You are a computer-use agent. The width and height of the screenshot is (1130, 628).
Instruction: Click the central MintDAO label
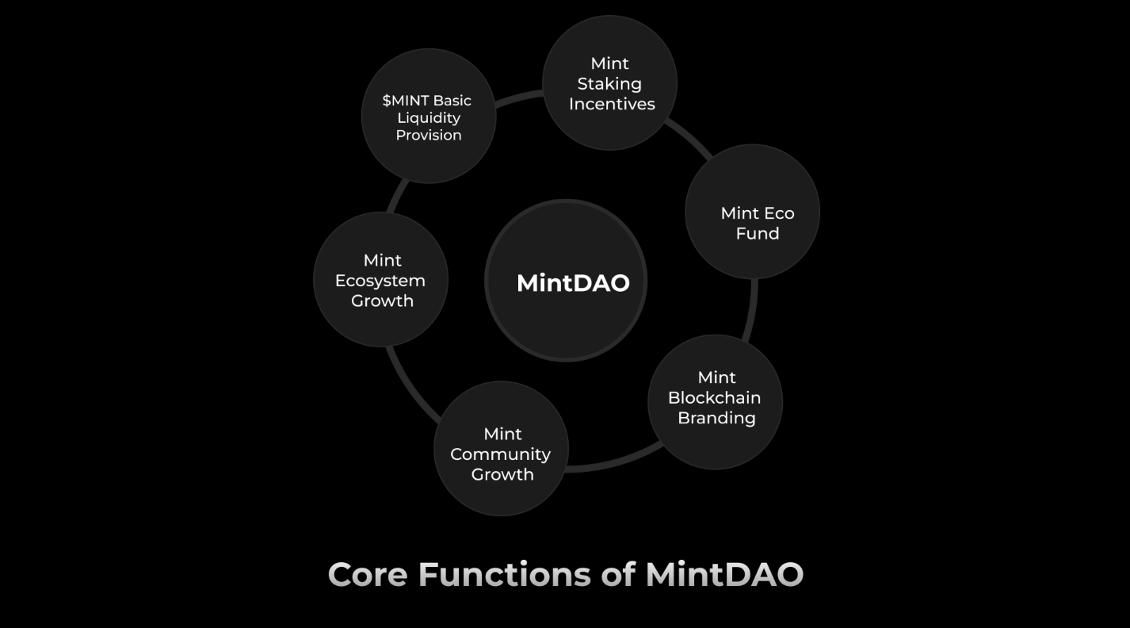tap(573, 283)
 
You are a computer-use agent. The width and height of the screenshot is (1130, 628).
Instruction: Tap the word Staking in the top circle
tap(609, 84)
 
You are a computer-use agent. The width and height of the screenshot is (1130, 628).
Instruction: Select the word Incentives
tap(612, 104)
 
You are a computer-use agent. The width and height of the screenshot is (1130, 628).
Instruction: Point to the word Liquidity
tap(429, 118)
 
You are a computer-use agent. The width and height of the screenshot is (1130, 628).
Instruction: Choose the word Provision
tap(429, 136)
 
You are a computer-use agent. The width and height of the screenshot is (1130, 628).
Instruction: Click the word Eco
tap(778, 213)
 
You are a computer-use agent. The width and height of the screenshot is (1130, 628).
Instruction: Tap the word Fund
tap(758, 234)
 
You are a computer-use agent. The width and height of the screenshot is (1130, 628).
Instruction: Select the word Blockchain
tap(714, 398)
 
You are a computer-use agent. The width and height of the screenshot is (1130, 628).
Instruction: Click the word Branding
tap(716, 419)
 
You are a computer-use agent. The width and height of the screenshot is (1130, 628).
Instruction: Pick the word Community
tap(501, 455)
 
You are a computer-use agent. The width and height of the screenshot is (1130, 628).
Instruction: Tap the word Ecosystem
tap(380, 281)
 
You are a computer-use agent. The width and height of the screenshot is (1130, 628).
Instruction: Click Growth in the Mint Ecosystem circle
tap(383, 301)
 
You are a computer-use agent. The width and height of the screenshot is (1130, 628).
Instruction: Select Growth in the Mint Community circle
tap(502, 474)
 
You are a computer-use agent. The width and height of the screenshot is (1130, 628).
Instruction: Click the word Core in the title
tap(368, 575)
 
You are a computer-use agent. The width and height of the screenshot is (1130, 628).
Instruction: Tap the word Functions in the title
tap(505, 575)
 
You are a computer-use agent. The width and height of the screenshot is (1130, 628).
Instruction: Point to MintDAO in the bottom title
tap(724, 575)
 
